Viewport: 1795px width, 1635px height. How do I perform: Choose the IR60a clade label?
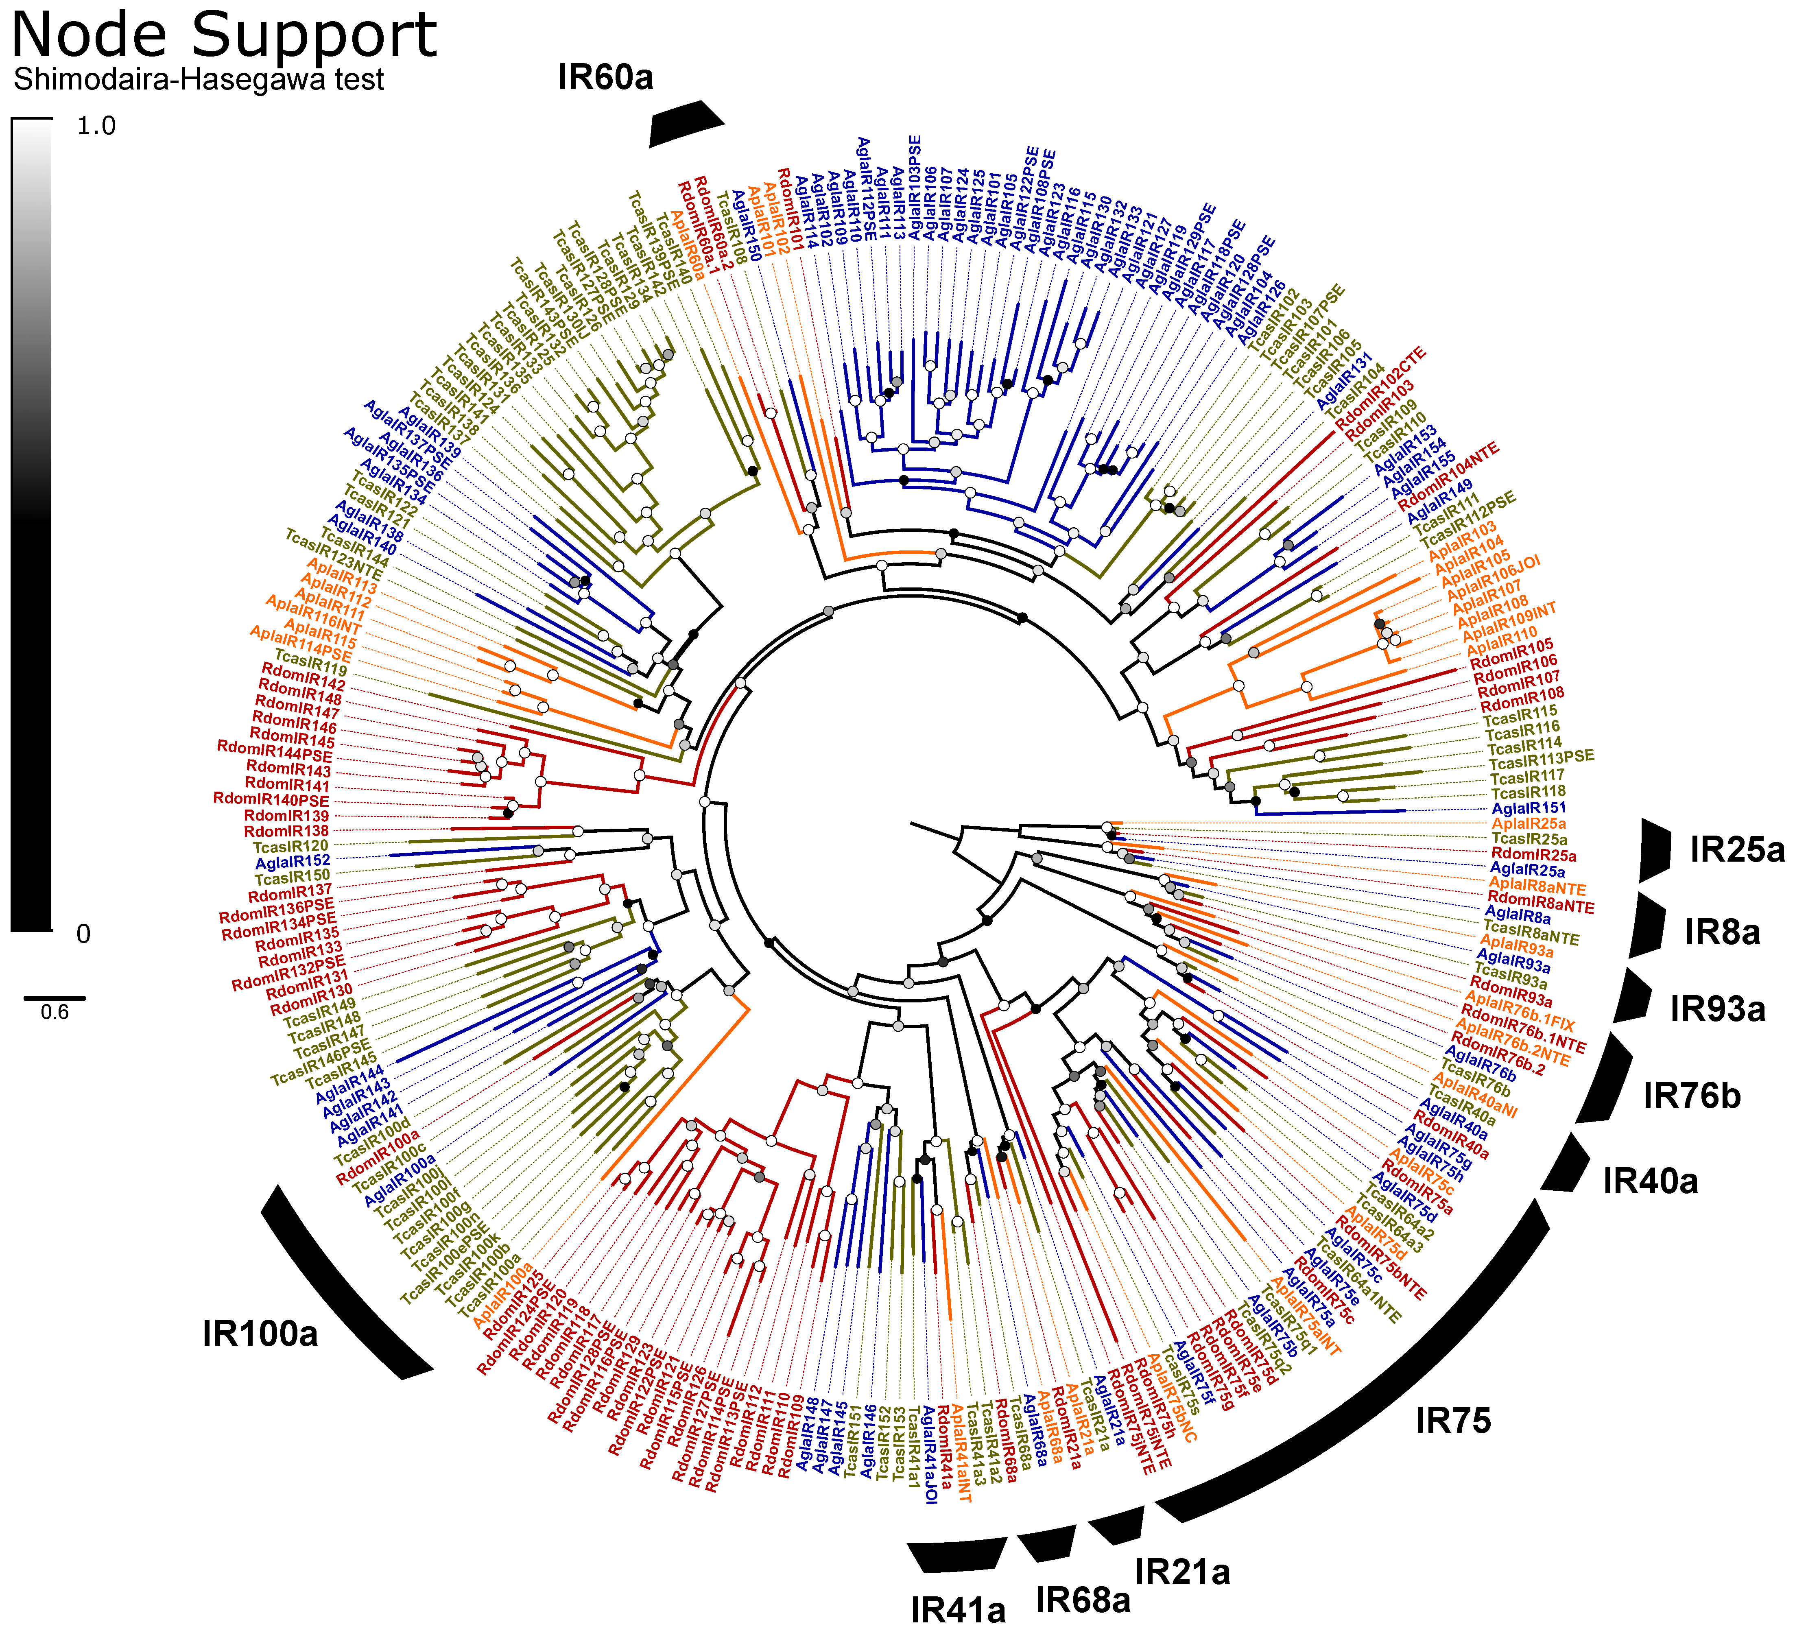(x=605, y=77)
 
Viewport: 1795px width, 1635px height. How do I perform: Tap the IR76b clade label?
(x=1692, y=1096)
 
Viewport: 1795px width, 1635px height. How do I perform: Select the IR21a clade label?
(x=1182, y=1572)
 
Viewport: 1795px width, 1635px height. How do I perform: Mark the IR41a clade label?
(x=958, y=1610)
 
